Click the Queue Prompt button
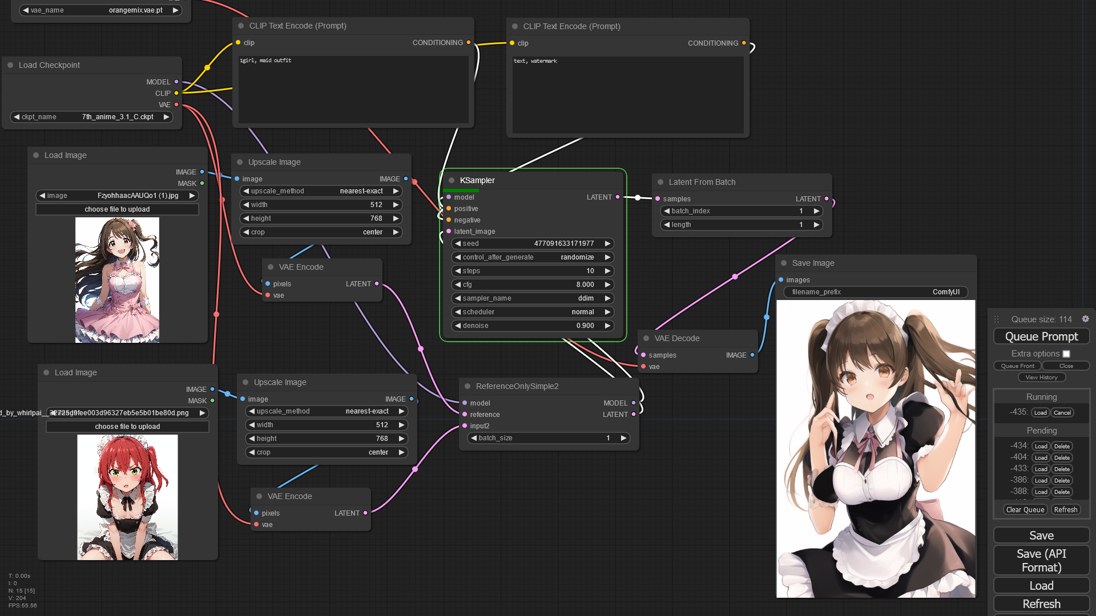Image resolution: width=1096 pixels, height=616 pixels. click(1041, 337)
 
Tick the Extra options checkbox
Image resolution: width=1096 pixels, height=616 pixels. click(1066, 354)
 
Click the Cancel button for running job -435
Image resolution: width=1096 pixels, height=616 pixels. click(1062, 412)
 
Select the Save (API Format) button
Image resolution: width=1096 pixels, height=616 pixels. click(1041, 560)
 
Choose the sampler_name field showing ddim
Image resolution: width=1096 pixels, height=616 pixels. click(532, 298)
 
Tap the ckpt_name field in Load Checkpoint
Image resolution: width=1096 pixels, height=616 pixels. click(91, 117)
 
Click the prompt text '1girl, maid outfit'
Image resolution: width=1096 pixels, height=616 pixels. click(265, 60)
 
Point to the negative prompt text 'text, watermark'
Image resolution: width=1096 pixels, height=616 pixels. click(535, 61)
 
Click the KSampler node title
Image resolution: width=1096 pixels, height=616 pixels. click(477, 180)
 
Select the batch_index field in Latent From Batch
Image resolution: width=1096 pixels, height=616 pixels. click(742, 211)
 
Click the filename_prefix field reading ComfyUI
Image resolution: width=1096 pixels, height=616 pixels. click(875, 292)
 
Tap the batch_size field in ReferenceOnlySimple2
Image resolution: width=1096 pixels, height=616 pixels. click(548, 438)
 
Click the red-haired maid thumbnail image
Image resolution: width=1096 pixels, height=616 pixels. click(127, 497)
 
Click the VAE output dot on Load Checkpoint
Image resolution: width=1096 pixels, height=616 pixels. click(176, 104)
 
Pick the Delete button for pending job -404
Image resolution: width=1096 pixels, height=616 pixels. click(1062, 457)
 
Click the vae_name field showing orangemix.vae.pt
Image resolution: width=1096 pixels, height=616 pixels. click(100, 10)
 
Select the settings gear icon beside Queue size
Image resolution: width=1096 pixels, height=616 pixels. click(1085, 319)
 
